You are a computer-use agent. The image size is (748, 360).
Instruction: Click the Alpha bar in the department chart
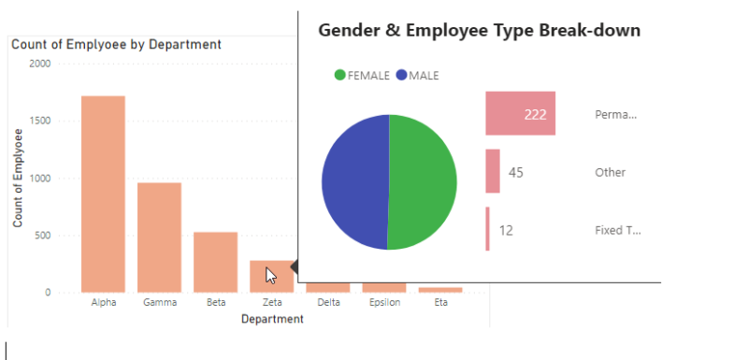pos(103,194)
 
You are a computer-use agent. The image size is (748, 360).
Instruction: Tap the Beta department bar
pos(215,262)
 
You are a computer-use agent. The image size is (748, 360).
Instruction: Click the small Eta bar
pos(439,290)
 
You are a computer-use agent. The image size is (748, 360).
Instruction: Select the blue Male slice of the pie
pos(353,182)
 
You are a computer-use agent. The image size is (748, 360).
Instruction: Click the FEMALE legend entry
pos(364,76)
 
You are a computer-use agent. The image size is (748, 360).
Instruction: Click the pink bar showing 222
pos(520,114)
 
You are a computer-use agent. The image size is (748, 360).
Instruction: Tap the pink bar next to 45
pos(493,172)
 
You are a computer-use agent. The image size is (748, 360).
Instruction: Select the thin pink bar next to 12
pos(488,230)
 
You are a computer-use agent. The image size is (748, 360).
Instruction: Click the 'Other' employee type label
pos(610,173)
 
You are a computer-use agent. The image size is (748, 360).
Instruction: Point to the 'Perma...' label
pos(615,115)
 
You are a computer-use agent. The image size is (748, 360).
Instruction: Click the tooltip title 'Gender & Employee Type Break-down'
pos(479,31)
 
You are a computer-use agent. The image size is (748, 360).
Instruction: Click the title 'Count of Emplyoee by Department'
pos(116,44)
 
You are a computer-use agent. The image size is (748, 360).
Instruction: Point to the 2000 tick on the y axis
pos(39,64)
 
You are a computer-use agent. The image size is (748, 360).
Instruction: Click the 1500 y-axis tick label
pos(39,121)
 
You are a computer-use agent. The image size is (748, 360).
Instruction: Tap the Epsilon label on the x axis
pos(383,303)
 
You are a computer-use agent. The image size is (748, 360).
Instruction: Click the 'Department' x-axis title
pos(271,319)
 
